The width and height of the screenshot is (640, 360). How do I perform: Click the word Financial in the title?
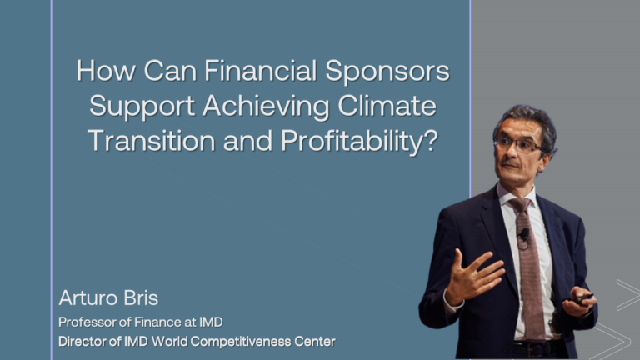coord(260,71)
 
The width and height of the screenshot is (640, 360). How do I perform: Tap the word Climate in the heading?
coord(387,105)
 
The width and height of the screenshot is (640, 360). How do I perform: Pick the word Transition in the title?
coord(152,141)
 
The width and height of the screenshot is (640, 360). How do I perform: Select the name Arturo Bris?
coord(108,297)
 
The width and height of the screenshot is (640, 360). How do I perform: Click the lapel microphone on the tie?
coord(523,234)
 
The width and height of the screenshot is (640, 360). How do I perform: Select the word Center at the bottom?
coord(315,341)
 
